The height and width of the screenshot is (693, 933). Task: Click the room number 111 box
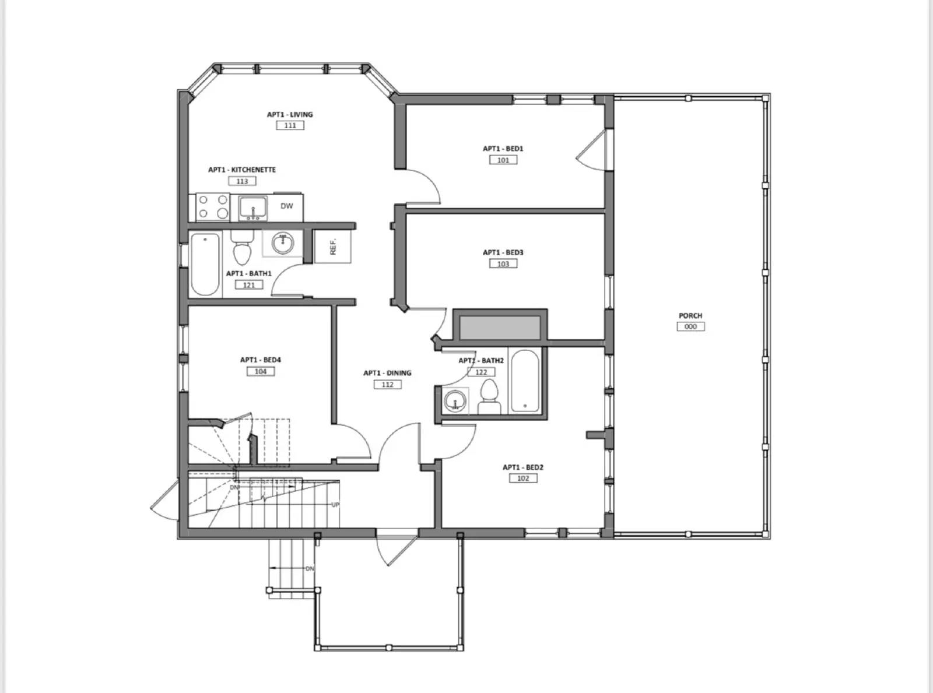[x=290, y=125]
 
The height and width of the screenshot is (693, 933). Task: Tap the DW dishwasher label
[x=287, y=206]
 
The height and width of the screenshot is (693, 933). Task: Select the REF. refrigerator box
[x=333, y=247]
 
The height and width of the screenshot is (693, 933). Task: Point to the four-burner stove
[x=213, y=207]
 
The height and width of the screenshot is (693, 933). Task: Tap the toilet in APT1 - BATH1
[x=241, y=249]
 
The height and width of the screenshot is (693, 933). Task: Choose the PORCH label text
[x=690, y=316]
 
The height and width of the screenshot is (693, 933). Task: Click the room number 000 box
[x=690, y=326]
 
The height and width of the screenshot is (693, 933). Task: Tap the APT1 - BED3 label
[x=503, y=252]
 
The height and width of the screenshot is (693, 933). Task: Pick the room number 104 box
[x=261, y=371]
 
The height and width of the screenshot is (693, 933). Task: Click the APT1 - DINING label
[x=387, y=373]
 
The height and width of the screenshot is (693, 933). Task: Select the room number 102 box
[x=523, y=478]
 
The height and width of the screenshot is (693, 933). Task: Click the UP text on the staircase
[x=335, y=505]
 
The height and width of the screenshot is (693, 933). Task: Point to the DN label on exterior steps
[x=310, y=569]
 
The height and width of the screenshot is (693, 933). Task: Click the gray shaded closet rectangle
[x=500, y=328]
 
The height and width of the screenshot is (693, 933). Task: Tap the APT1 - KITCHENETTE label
[x=242, y=170]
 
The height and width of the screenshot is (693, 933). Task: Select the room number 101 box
[x=503, y=160]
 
